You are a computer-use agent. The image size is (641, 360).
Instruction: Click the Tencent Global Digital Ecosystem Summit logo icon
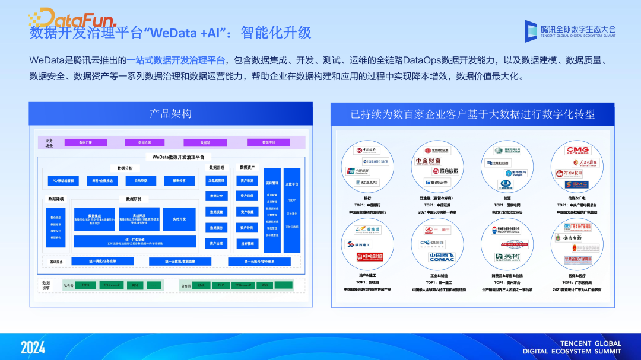(531, 30)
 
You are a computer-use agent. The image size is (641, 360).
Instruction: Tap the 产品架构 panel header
(171, 113)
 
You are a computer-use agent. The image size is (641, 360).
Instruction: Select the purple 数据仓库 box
(145, 142)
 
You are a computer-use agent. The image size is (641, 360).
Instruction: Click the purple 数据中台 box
(269, 142)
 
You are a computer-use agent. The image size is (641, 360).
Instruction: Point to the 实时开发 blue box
(179, 219)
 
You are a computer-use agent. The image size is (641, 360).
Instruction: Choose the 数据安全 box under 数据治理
(217, 196)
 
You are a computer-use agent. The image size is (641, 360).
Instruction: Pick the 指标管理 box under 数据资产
(247, 243)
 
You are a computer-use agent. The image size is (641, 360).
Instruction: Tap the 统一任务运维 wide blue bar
(135, 241)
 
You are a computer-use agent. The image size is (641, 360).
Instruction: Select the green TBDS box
(85, 285)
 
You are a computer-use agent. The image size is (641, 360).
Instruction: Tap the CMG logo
(577, 150)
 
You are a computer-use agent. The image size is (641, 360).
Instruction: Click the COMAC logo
(440, 257)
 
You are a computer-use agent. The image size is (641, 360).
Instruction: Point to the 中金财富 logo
(429, 161)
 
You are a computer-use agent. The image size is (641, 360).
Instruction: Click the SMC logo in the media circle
(577, 184)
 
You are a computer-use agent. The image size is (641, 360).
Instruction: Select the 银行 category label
(367, 199)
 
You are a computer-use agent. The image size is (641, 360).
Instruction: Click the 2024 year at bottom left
(33, 348)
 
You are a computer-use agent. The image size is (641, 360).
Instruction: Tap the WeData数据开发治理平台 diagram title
(177, 157)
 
